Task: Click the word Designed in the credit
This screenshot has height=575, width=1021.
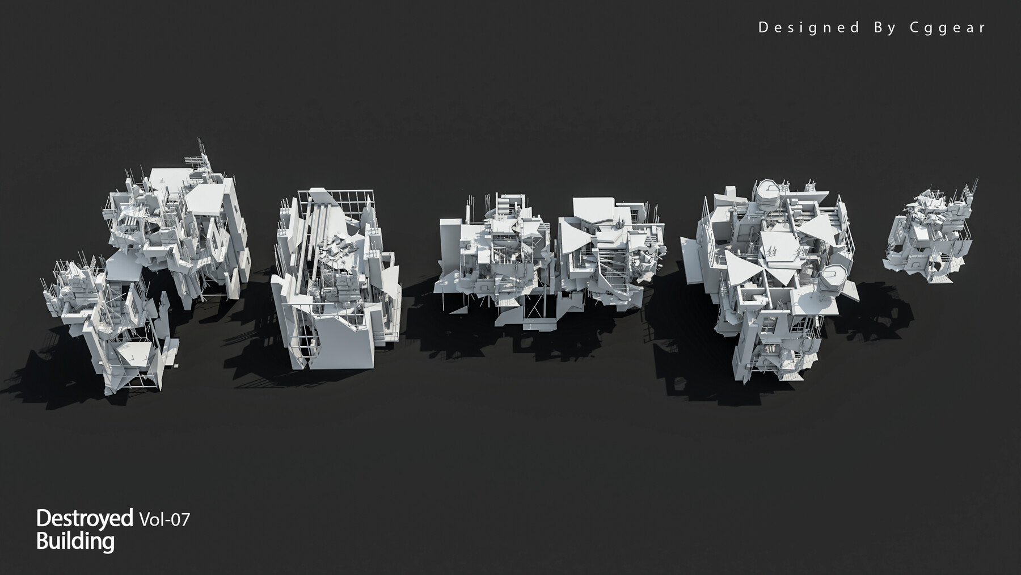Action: pos(809,27)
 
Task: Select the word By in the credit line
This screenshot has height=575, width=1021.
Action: pos(884,27)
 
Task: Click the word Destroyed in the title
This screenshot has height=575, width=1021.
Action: pos(85,518)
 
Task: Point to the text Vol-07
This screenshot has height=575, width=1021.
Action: pos(164,519)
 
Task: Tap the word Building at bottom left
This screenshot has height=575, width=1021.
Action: pos(75,541)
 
